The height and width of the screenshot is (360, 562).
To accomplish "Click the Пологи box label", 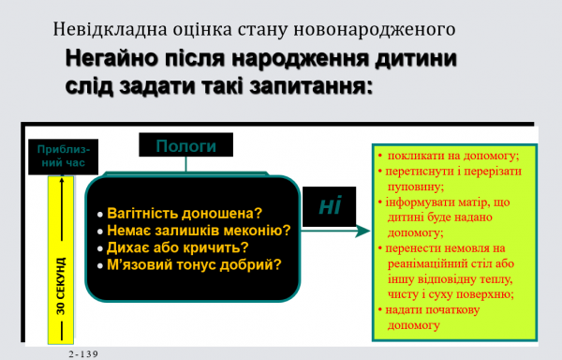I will click(185, 146).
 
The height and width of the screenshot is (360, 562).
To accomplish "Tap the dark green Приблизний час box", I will click(63, 156).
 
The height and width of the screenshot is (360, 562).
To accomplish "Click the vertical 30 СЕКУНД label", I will click(61, 285).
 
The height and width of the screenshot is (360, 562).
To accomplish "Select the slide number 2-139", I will click(83, 353).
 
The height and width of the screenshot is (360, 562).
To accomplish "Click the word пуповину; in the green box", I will click(415, 187).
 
